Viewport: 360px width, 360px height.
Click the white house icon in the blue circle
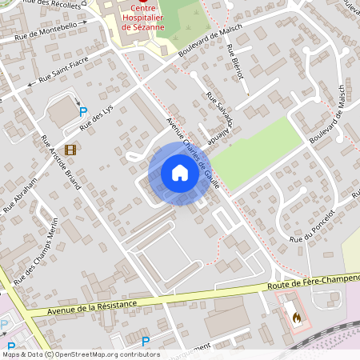point(179,172)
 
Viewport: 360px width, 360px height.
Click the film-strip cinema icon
point(70,150)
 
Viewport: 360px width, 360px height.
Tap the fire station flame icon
point(297,318)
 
